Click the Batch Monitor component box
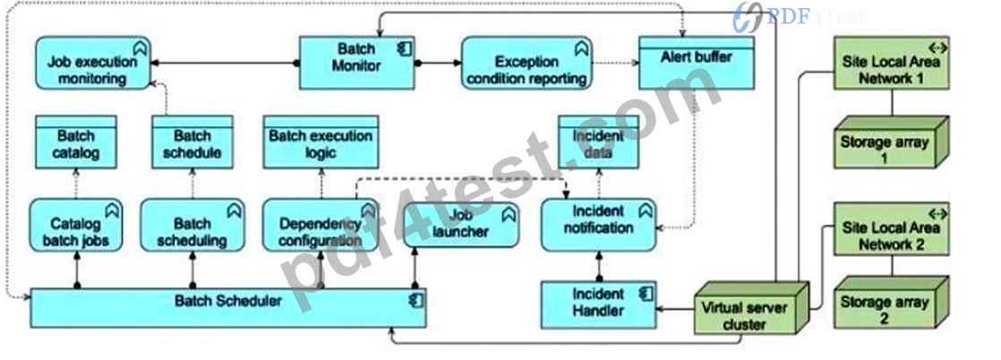point(357,63)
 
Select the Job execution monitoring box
point(93,63)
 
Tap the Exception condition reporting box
point(526,63)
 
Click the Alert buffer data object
point(697,63)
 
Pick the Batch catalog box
point(76,141)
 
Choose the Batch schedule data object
point(192,141)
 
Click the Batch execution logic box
point(321,141)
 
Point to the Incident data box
point(598,141)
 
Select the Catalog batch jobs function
point(76,225)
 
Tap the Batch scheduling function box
point(192,225)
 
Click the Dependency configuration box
point(321,225)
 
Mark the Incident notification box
point(598,225)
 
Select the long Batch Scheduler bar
point(228,308)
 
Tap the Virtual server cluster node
point(750,308)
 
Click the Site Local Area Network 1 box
point(891,63)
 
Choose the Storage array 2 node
point(891,303)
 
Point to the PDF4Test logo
point(798,17)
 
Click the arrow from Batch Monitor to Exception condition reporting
point(438,63)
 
